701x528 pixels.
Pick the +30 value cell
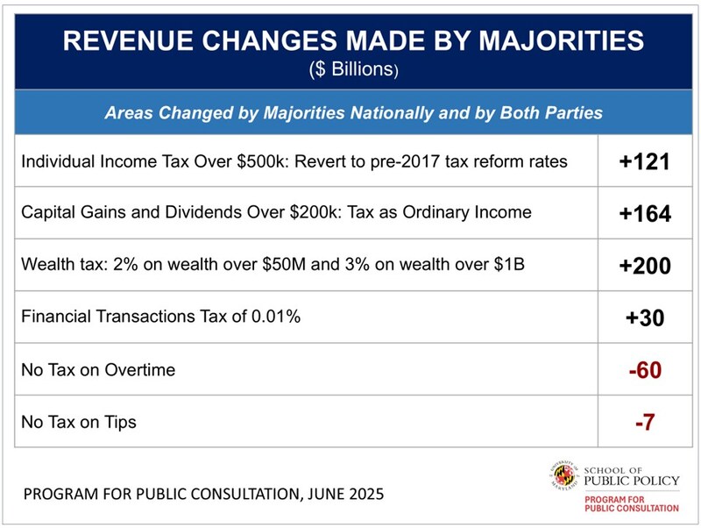point(645,318)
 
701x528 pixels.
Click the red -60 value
point(645,370)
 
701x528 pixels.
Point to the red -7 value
point(645,422)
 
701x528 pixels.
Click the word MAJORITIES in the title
point(540,41)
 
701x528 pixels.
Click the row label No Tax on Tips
point(78,422)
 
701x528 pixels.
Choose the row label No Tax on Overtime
point(97,369)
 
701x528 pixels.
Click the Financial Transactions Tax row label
point(160,317)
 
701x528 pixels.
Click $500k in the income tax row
point(236,161)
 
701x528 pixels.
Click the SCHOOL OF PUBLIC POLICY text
point(630,474)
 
